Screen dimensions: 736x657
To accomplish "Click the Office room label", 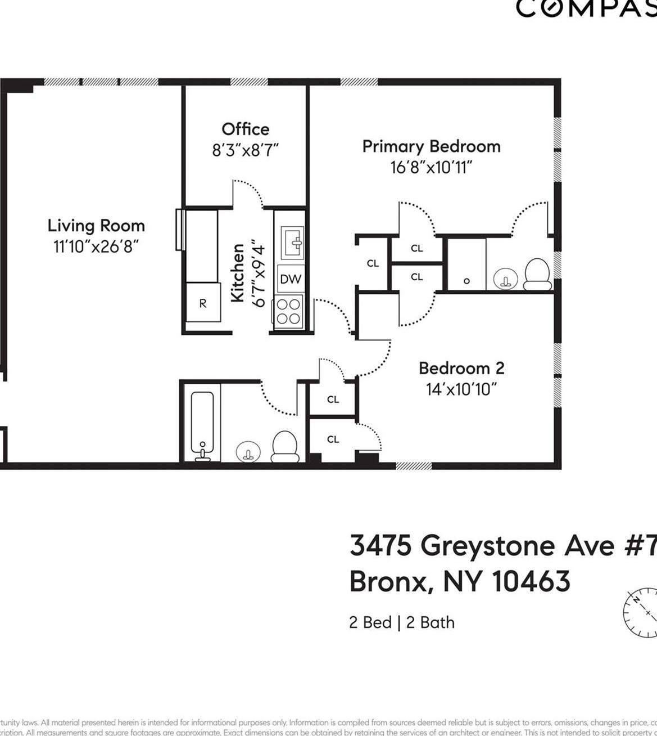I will (245, 129).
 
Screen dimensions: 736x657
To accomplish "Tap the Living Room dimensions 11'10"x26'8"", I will (96, 246).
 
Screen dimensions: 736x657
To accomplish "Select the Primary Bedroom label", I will (431, 146).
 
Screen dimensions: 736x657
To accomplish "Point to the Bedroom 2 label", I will (461, 368).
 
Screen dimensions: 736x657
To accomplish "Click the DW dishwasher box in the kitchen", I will (290, 279).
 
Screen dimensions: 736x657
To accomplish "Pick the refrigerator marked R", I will (203, 303).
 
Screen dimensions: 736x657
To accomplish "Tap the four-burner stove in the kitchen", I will (289, 311).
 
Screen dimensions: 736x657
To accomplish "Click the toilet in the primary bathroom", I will (537, 273).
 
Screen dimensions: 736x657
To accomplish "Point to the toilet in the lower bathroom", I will (285, 446).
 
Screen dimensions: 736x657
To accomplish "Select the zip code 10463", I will (531, 581).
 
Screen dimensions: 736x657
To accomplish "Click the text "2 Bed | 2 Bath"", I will (402, 622).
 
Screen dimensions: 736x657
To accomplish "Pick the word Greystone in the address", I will (488, 545).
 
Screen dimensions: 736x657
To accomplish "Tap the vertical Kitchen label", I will (238, 272).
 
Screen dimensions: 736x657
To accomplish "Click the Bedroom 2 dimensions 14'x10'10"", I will (461, 389).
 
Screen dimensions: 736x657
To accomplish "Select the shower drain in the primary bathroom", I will (466, 281).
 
